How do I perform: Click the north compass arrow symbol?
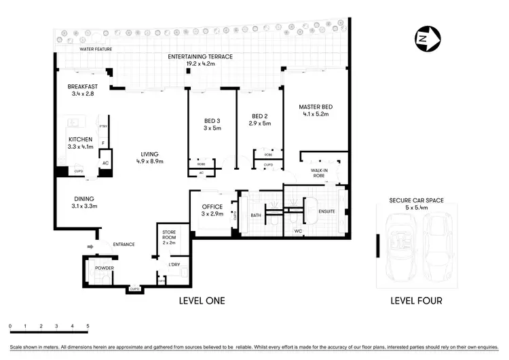coord(428,39)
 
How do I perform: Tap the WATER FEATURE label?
coord(96,50)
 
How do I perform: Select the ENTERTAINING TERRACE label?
coord(200,56)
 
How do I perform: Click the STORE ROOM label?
coord(169,235)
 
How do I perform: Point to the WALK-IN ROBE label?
coord(320,173)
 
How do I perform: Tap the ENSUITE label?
coord(326,211)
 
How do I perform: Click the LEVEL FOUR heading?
coord(417,300)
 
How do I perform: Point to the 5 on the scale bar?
coord(88,327)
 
